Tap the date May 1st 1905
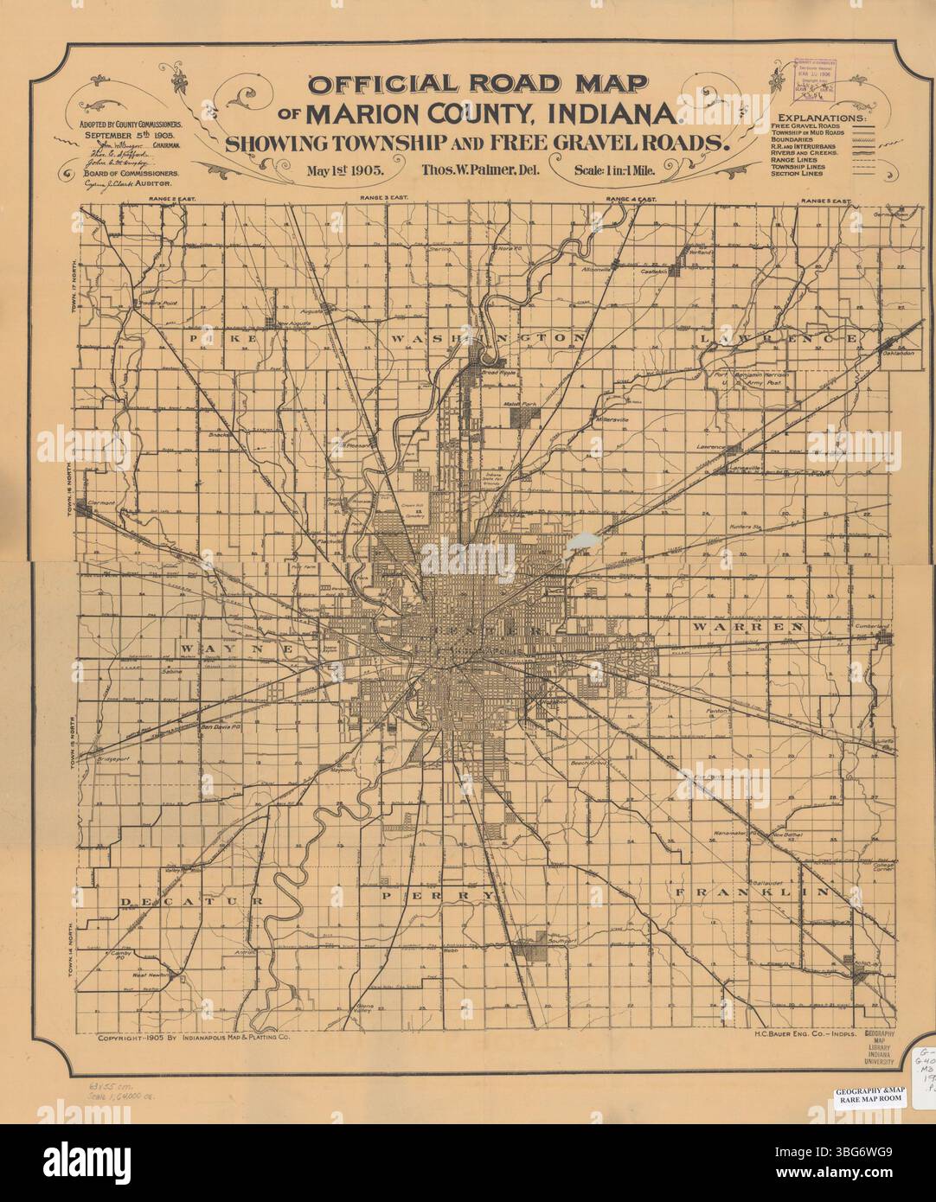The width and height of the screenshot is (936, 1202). click(351, 169)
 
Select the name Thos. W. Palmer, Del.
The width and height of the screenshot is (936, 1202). click(480, 169)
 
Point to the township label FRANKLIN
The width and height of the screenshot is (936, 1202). click(753, 892)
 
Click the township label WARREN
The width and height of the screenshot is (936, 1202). click(747, 624)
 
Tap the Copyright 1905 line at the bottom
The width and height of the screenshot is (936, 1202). click(194, 1039)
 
